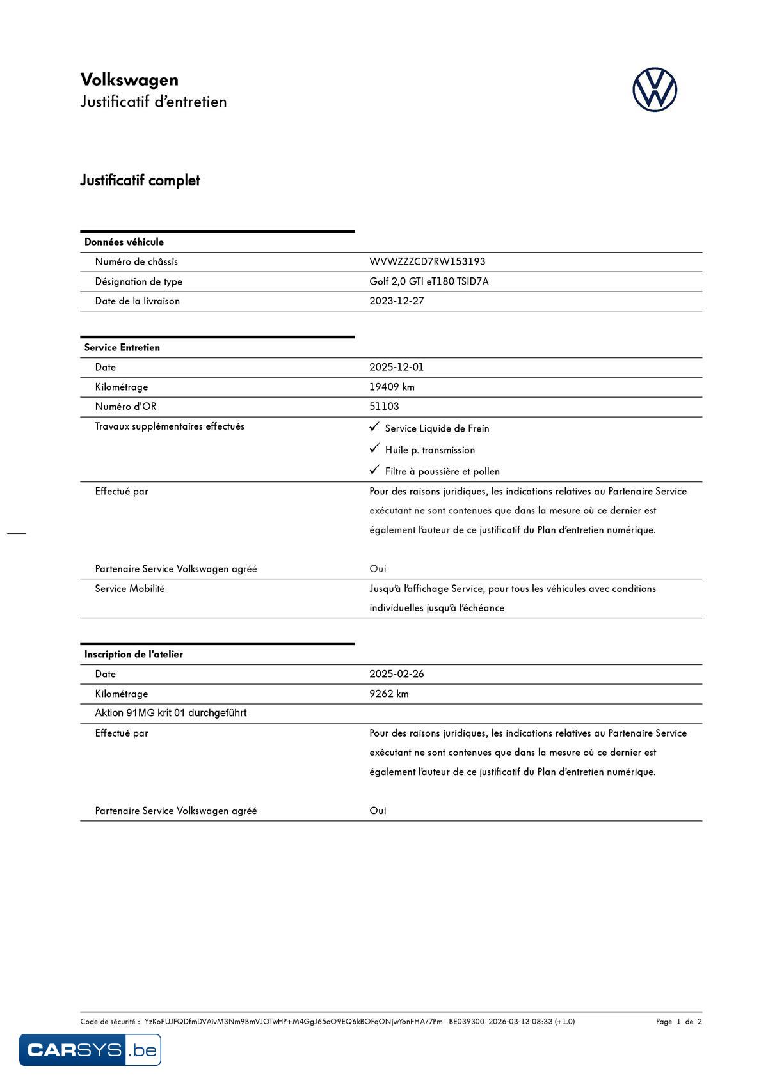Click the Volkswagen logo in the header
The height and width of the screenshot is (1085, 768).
(x=655, y=90)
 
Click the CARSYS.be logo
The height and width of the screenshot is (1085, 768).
(x=90, y=1049)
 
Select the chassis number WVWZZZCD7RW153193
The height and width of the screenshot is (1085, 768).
(x=427, y=261)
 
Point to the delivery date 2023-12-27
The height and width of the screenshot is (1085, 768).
(x=396, y=301)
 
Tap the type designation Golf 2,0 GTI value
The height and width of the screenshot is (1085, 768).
(x=429, y=281)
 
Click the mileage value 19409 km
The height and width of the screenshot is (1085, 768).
(x=392, y=387)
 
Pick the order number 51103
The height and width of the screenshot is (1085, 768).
(x=384, y=406)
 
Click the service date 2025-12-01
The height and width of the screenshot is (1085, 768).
(x=396, y=367)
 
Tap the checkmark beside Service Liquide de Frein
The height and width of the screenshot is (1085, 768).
(x=375, y=426)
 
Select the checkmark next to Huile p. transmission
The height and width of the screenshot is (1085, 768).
(x=375, y=448)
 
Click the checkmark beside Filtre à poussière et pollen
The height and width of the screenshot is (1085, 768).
(x=375, y=470)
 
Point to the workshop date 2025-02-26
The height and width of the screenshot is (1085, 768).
(x=396, y=674)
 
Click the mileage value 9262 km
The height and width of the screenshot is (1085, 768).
(x=388, y=694)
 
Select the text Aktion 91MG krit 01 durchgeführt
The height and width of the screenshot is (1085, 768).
(x=170, y=713)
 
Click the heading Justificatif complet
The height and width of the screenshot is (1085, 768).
(x=140, y=180)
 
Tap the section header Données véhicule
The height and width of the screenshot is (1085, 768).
(x=124, y=242)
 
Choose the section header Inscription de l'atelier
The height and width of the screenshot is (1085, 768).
(x=134, y=654)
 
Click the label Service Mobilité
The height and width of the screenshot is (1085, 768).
(x=130, y=588)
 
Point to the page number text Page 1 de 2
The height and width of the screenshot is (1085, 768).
(x=678, y=1021)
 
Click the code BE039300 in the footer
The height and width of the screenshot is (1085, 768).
(x=467, y=1021)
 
